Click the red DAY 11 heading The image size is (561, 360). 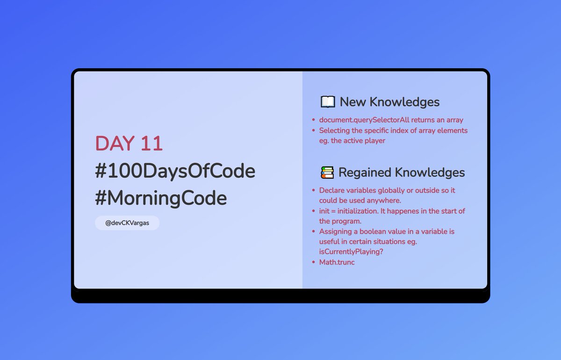point(129,144)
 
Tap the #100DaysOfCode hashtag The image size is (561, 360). point(175,171)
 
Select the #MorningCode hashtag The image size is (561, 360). point(161,198)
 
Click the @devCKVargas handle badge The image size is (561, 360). point(127,223)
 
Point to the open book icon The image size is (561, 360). point(328,102)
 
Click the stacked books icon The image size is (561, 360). point(327,173)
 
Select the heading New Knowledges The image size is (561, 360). point(389,102)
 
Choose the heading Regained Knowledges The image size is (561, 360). point(401,173)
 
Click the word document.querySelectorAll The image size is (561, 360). point(364,120)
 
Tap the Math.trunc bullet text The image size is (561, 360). point(337,262)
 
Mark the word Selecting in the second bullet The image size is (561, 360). point(335,130)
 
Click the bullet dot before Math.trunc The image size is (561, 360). point(314,262)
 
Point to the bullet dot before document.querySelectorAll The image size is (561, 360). point(314,120)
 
